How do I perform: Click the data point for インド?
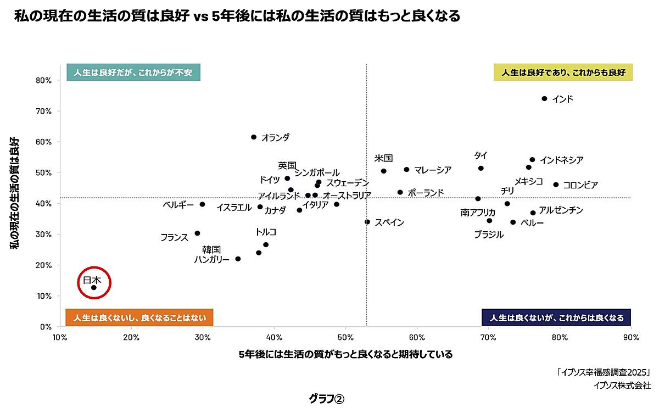(544, 99)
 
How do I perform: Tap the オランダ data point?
(253, 137)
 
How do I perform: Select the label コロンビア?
(580, 185)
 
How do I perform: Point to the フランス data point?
(197, 233)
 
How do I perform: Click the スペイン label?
(389, 222)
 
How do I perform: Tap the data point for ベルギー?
(202, 204)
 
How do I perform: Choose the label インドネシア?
(561, 160)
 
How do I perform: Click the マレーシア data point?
(406, 170)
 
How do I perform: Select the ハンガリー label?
(211, 259)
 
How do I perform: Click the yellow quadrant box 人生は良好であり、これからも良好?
(563, 72)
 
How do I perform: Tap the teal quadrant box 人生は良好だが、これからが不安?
(133, 72)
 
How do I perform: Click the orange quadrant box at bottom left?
(139, 318)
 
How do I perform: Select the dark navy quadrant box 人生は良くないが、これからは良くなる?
(556, 318)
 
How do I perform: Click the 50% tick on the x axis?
(345, 337)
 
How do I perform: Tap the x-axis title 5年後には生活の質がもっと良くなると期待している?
(345, 355)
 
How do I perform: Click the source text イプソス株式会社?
(622, 385)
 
